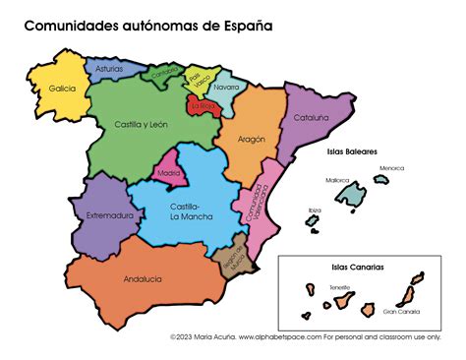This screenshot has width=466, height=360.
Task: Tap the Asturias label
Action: [108, 70]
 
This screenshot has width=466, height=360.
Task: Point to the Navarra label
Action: [226, 88]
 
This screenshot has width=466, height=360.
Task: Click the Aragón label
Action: [253, 140]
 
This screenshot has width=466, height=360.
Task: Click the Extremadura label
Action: [109, 215]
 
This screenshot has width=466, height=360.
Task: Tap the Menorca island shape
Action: [380, 179]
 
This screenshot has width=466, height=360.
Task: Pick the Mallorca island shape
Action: [350, 195]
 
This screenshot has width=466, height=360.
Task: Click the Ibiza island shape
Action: [312, 220]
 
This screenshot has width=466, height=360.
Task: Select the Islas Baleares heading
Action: [352, 152]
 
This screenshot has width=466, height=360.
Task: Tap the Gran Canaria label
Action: [401, 312]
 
